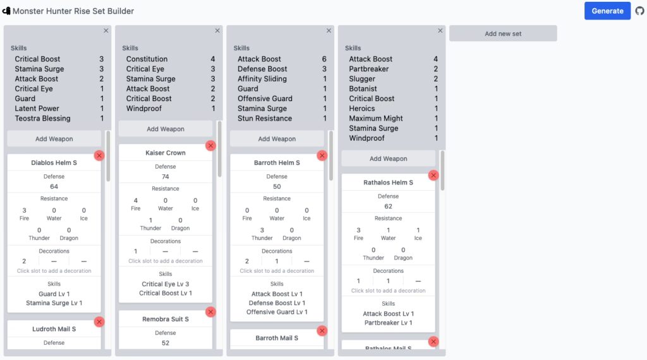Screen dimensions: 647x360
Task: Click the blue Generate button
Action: (607, 11)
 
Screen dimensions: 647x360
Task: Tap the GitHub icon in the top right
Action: (639, 11)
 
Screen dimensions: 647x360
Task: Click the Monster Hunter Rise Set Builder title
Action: (73, 11)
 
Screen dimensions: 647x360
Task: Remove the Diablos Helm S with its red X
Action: (99, 155)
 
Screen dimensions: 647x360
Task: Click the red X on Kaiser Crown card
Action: (210, 145)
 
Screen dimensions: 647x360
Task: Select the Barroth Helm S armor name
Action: (277, 162)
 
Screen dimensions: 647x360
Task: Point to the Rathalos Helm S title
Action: (389, 183)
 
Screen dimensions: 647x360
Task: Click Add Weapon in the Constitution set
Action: (166, 129)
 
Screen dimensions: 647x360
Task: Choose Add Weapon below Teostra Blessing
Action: (54, 139)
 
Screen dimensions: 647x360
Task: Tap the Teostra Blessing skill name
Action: (42, 118)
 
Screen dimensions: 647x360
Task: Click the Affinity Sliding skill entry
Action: (262, 79)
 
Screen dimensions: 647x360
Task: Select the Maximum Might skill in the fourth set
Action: (376, 118)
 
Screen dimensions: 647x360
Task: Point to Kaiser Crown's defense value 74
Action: (166, 176)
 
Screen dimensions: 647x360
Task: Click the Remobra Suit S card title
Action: (166, 319)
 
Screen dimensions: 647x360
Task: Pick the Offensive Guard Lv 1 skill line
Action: (277, 312)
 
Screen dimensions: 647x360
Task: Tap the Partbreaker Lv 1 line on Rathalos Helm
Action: (389, 323)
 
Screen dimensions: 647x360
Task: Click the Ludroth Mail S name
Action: (54, 329)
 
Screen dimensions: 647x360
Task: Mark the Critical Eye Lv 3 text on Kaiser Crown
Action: (166, 284)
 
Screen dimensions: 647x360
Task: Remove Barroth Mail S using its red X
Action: (322, 331)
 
